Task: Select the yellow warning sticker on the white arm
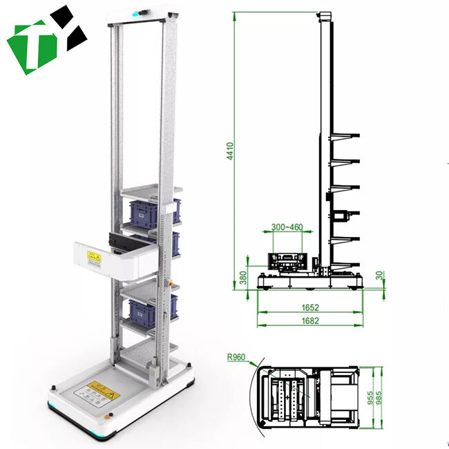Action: [91, 256]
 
